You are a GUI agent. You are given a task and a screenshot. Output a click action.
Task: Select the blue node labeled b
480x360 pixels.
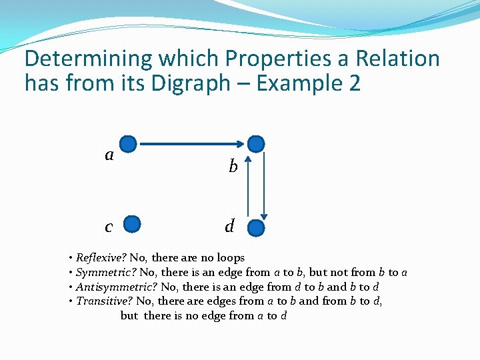tap(256, 143)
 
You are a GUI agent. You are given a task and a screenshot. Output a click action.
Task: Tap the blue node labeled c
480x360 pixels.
tap(133, 225)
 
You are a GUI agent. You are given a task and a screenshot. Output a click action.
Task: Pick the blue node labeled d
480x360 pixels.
tap(256, 229)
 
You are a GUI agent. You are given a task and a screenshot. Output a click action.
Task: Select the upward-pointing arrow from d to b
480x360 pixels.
tap(248, 188)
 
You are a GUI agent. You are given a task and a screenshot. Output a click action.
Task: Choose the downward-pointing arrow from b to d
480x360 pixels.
tap(264, 188)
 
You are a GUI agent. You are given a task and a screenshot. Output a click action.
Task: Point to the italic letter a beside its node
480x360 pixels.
tap(109, 155)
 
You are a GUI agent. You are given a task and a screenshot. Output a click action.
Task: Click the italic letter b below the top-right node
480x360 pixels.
tap(233, 167)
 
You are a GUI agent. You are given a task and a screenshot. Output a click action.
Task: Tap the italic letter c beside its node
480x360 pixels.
tap(109, 227)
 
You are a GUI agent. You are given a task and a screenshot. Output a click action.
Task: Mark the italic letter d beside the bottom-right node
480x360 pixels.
tap(229, 227)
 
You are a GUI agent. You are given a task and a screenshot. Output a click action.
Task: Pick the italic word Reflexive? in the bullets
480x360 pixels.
tap(101, 257)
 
